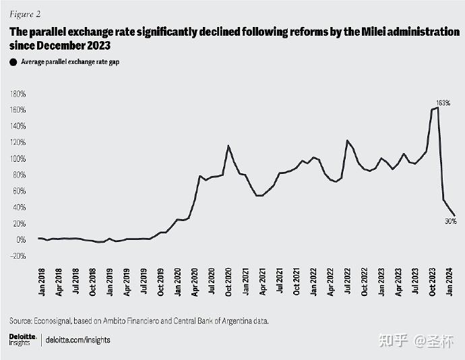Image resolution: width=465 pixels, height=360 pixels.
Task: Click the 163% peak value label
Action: coord(442,102)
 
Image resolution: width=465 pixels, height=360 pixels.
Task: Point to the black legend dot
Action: coord(13,62)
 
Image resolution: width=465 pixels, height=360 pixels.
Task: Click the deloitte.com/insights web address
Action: coord(77,340)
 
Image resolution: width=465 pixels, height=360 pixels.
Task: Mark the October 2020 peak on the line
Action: coord(228,146)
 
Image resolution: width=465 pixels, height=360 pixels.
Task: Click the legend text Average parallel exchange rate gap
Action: coord(75,62)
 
